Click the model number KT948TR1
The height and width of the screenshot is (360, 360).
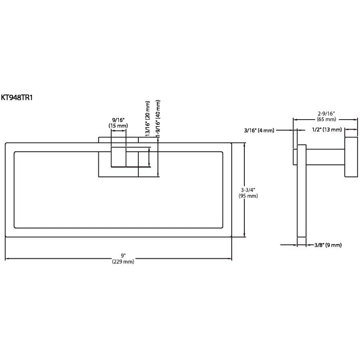(17, 97)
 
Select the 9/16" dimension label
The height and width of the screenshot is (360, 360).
(118, 120)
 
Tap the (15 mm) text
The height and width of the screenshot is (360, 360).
(118, 126)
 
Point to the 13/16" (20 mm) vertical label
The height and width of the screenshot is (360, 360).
(148, 119)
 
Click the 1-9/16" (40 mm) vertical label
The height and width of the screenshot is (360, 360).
(158, 119)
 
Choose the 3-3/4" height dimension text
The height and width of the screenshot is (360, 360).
(248, 190)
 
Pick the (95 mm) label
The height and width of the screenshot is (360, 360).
(248, 196)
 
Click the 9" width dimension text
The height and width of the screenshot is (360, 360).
(123, 255)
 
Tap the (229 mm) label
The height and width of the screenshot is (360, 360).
(123, 262)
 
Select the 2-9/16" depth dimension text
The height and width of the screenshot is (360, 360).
(326, 114)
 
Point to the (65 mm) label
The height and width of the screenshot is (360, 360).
(326, 119)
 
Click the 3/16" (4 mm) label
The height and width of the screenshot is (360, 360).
(259, 130)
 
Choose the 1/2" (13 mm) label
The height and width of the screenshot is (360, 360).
(327, 130)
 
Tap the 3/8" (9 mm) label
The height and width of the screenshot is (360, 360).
(328, 245)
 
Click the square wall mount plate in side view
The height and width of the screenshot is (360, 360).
(351, 157)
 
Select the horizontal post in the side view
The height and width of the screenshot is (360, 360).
(325, 157)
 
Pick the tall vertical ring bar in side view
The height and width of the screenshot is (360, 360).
(302, 190)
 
